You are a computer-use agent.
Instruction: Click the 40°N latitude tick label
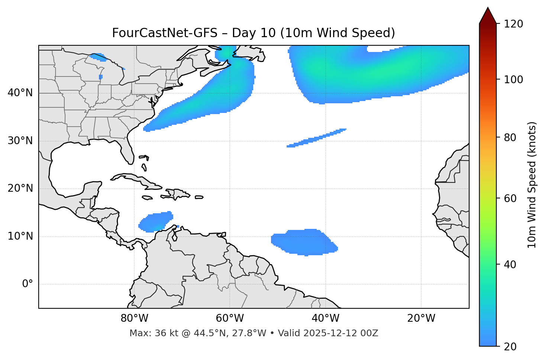point(20,93)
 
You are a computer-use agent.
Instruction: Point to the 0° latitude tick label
point(28,284)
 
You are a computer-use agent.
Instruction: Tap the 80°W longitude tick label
point(134,318)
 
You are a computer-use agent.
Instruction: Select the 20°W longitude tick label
point(421,318)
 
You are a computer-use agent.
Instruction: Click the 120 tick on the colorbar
point(514,24)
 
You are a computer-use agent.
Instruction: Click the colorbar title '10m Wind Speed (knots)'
point(532,185)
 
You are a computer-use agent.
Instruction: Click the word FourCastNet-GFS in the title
point(164,33)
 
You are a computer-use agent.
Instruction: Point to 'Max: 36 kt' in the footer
point(149,333)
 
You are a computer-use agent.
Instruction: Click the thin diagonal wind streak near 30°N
point(316,138)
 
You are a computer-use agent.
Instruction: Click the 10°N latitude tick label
point(20,236)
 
